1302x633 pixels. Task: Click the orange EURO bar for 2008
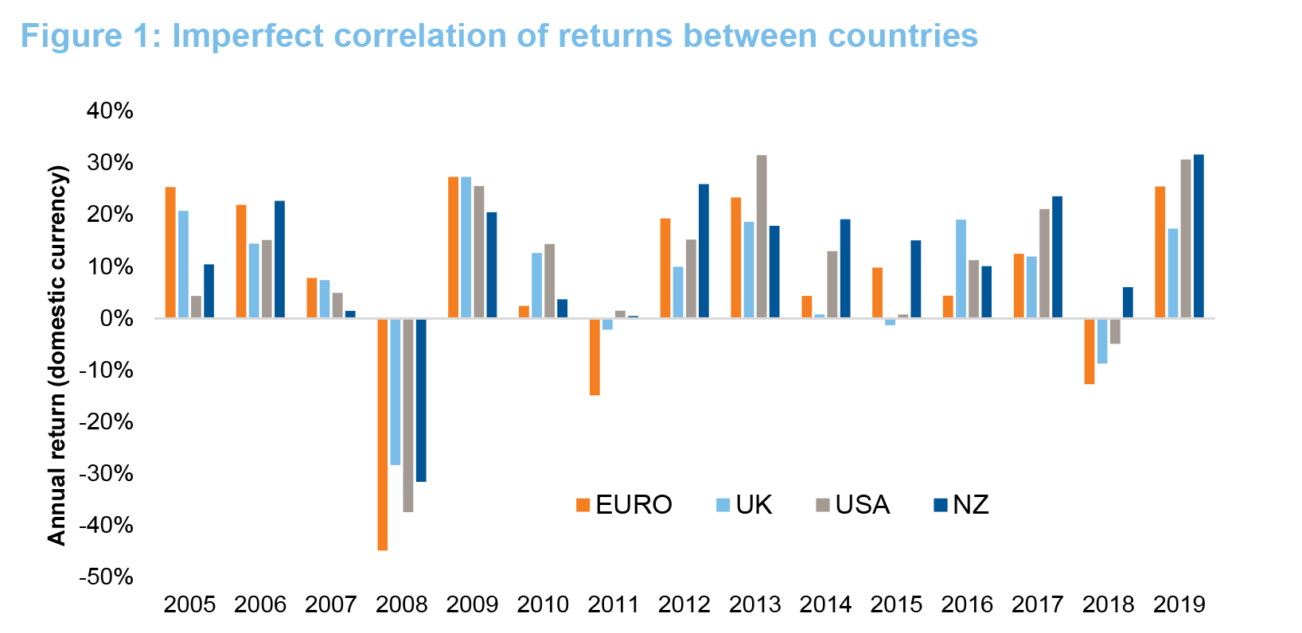(383, 434)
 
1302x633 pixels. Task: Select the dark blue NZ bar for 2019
(1199, 236)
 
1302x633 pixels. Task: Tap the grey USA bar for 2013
(762, 236)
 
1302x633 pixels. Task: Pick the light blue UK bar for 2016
(961, 269)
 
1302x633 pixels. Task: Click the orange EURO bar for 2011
(594, 356)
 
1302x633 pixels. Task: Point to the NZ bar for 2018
(1128, 302)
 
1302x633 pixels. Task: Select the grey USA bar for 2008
(408, 414)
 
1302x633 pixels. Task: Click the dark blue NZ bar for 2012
(704, 251)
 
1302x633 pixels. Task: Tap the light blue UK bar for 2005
(183, 264)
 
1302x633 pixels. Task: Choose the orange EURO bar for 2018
(1090, 351)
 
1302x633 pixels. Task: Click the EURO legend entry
(624, 505)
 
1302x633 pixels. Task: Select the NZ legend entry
(961, 505)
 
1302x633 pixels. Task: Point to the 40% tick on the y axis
(110, 111)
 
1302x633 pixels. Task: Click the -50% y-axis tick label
(106, 577)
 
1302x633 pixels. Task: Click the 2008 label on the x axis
(401, 605)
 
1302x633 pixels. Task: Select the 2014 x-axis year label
(825, 605)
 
